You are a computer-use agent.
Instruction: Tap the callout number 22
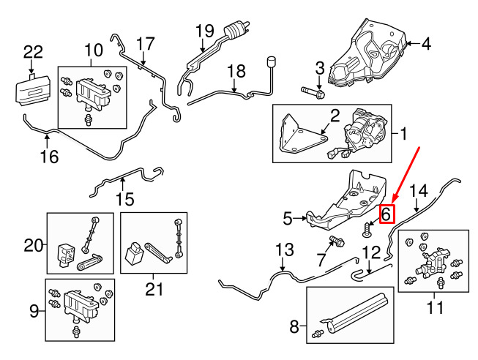click(x=33, y=52)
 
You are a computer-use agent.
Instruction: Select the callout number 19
click(x=203, y=31)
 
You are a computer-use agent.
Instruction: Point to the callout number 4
click(x=425, y=44)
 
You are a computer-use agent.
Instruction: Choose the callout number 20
click(x=34, y=246)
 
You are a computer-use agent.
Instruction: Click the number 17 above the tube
click(x=145, y=43)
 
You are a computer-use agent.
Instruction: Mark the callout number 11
click(x=435, y=308)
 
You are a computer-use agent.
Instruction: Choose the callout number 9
click(x=34, y=312)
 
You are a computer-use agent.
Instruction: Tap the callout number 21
click(x=153, y=289)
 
